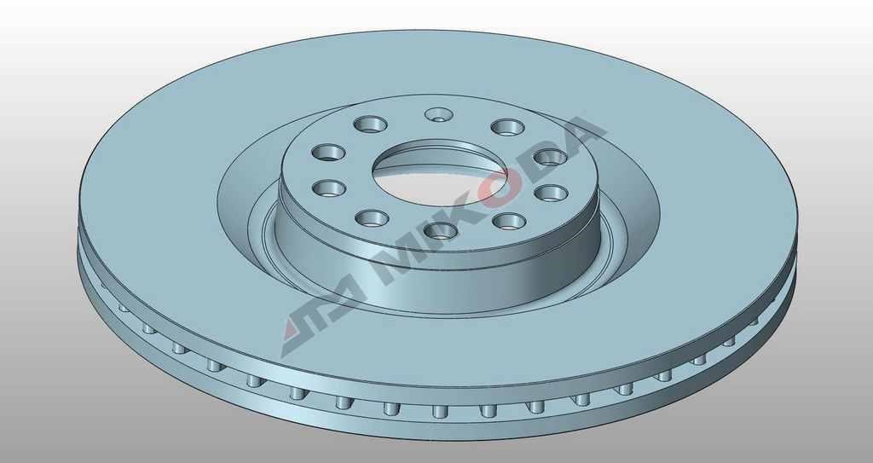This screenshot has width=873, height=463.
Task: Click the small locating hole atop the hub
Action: (x=439, y=115)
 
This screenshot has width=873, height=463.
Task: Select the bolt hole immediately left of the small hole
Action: (x=370, y=124)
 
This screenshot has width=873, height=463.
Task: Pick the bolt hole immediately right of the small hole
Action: (x=508, y=127)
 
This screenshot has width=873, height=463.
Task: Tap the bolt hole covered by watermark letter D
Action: (x=551, y=157)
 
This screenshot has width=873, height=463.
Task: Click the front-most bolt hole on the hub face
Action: (x=441, y=230)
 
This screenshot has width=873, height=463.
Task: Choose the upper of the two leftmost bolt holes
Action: (x=328, y=152)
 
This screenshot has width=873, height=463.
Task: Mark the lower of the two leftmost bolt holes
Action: (x=329, y=188)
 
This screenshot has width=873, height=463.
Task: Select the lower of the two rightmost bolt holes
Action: (x=552, y=194)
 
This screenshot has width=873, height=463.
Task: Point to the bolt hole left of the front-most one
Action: (x=372, y=217)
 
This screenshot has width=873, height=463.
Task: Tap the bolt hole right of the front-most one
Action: (x=510, y=221)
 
